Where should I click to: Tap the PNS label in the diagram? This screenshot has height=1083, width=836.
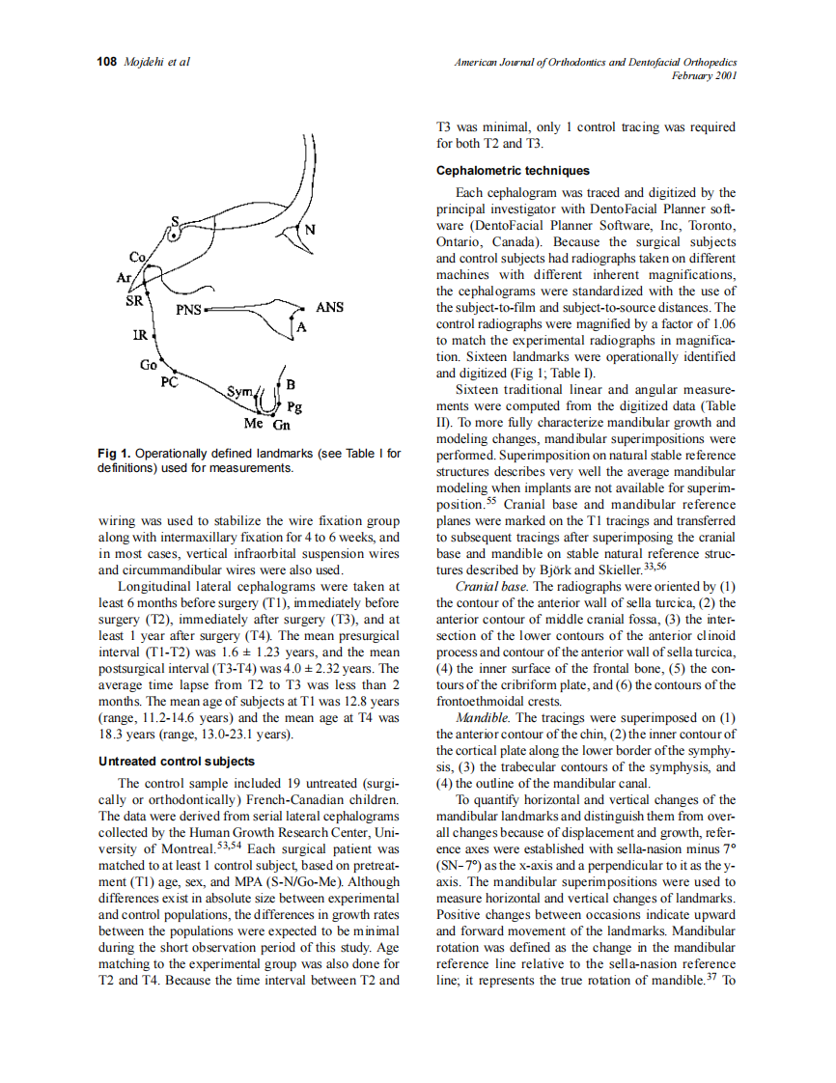tap(189, 312)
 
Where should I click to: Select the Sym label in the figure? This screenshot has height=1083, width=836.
tap(238, 392)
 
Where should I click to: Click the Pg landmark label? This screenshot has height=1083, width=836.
tap(295, 407)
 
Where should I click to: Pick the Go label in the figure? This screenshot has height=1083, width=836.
tap(148, 366)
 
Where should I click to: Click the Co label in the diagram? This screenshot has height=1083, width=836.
tap(136, 258)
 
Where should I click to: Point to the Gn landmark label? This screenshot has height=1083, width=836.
tap(282, 425)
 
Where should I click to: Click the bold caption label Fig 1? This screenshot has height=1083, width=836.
tap(114, 455)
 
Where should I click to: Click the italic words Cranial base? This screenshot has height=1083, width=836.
tap(491, 587)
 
